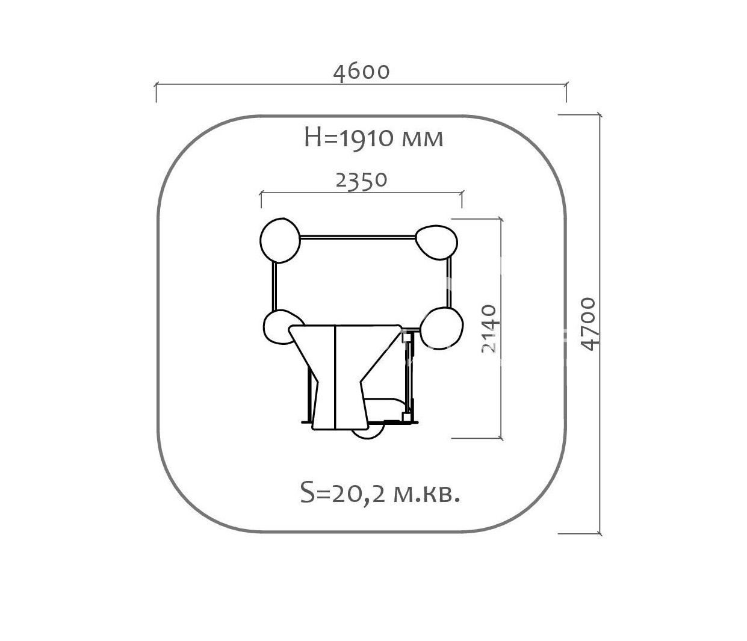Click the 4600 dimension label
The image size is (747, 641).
[x=361, y=72]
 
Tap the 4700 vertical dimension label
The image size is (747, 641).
[x=588, y=324]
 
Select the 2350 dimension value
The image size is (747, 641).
[x=361, y=180]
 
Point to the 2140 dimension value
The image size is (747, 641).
[x=489, y=329]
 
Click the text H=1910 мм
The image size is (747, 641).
[x=374, y=138]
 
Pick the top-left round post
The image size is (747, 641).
[x=280, y=241]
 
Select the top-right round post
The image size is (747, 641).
[x=436, y=242]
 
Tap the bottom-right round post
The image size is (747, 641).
[x=441, y=328]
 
